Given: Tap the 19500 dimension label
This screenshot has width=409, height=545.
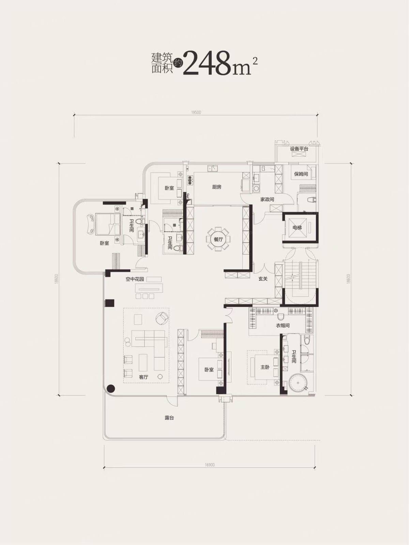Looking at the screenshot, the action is coord(196,112).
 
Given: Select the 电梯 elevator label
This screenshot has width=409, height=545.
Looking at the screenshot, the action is coord(297,227).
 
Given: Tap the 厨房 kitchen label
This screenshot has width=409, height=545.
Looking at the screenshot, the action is coord(216,187).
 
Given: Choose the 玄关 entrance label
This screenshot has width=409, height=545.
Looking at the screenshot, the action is coord(263,279).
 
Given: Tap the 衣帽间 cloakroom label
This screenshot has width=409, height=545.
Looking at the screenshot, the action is coord(283,325).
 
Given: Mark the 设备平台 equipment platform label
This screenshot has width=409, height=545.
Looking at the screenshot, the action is coord(299,149).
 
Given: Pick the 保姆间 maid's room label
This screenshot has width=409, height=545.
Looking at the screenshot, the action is coord(301,174).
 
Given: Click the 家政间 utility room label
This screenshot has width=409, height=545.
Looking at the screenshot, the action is coord(267,199).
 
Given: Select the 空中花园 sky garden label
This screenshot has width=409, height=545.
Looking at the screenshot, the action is coord(135,279).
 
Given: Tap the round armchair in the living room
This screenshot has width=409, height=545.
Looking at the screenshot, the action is coord(162,318).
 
